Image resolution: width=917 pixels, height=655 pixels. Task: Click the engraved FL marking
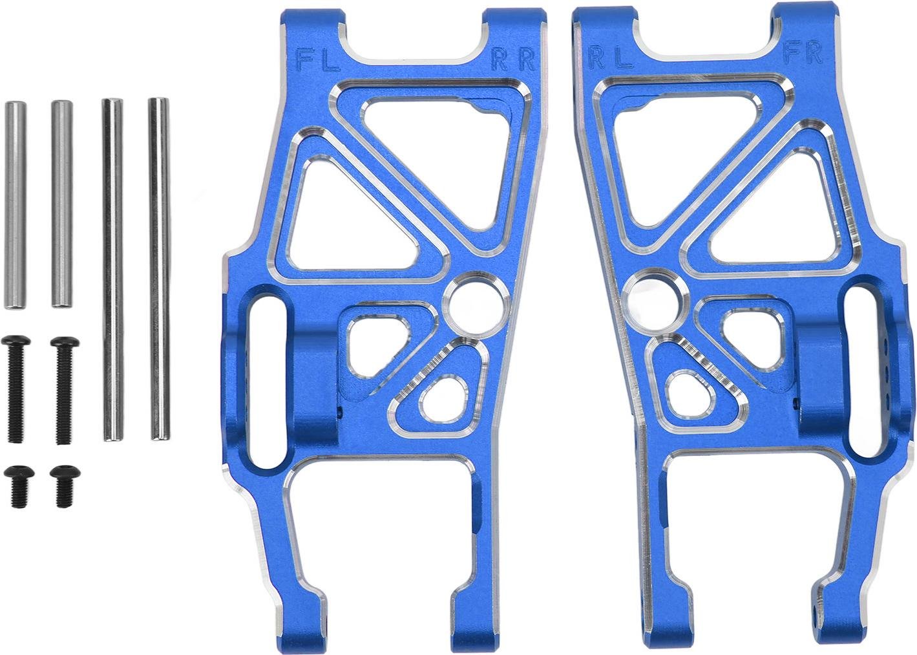pos(318,59)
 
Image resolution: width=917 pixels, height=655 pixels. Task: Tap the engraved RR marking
pos(514,59)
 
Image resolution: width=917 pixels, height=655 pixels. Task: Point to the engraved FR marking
pos(803,53)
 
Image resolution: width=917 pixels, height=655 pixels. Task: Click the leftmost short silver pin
pos(15,205)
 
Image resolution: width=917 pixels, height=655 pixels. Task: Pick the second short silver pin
pos(62,204)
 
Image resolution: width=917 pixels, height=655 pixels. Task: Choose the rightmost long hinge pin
pos(159,269)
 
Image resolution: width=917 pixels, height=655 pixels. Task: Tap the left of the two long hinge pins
pos(113,270)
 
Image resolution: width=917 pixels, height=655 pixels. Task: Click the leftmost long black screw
pos(16,389)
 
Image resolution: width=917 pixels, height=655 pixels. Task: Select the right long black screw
pos(64,391)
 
